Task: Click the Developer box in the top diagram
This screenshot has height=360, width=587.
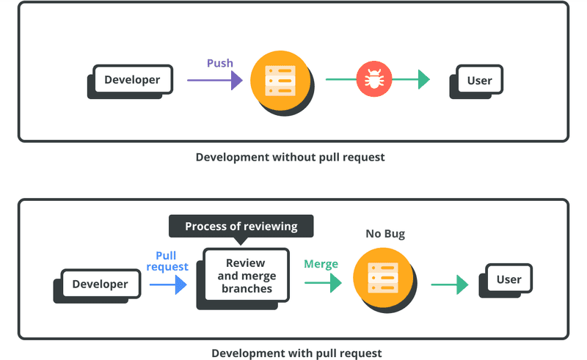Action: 132,79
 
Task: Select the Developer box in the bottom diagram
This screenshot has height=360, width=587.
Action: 100,284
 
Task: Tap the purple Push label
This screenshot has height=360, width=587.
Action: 219,63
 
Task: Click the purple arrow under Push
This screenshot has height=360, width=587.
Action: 214,80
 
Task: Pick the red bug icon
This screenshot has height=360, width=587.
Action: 374,79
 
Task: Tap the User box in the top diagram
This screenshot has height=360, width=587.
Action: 479,80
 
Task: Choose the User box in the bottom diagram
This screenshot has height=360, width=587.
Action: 508,279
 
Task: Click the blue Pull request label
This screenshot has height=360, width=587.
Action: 167,261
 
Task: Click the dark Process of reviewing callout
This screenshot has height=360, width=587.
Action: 241,226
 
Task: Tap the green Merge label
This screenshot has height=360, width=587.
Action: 321,264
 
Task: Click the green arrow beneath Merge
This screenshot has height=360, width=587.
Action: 323,283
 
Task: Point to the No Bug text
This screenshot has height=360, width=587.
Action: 385,234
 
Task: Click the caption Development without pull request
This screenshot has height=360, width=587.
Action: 290,157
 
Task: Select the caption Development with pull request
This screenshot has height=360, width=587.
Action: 296,353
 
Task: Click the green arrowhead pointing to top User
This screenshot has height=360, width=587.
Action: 423,79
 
